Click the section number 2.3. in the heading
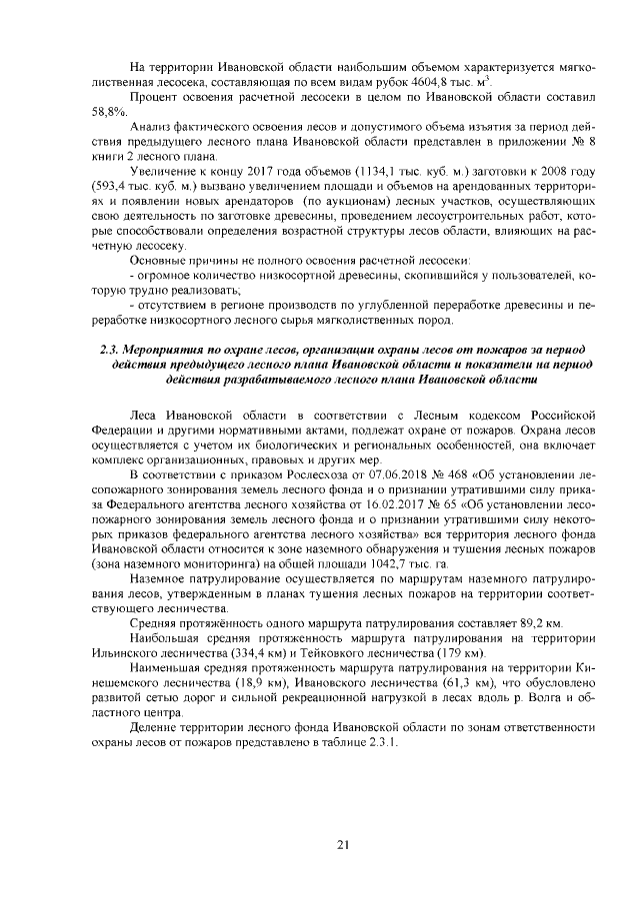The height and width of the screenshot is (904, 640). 112,350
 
